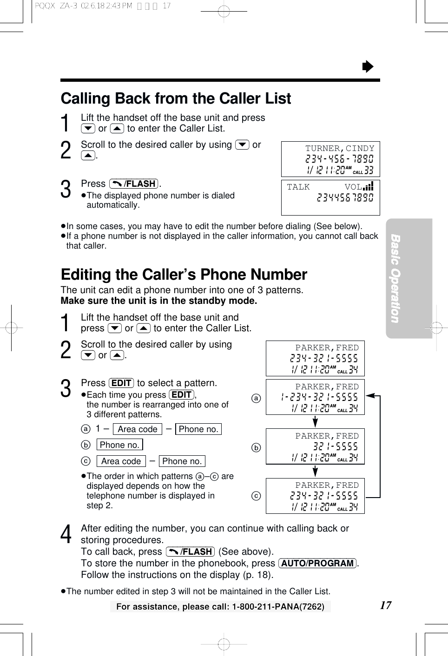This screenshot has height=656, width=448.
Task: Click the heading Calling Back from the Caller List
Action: point(176,98)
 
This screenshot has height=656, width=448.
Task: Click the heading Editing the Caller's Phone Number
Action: point(184,275)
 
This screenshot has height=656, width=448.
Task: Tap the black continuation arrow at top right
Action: point(368,67)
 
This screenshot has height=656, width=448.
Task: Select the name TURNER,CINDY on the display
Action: point(339,148)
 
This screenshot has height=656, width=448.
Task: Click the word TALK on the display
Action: point(298,187)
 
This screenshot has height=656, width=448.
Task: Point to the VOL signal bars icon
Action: point(369,186)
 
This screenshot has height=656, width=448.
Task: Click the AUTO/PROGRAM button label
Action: point(317,563)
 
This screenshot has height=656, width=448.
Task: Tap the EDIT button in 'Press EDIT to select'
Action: point(121,383)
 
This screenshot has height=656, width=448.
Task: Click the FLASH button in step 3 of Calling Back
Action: point(134,184)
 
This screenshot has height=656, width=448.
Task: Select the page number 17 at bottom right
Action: point(385,605)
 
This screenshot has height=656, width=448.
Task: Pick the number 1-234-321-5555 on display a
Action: point(319,397)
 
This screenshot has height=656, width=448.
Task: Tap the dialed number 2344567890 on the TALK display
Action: point(345,198)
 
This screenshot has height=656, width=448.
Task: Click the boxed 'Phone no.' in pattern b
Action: point(119,445)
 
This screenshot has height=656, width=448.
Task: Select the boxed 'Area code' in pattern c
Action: point(121,461)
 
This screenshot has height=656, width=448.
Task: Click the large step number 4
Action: point(66,534)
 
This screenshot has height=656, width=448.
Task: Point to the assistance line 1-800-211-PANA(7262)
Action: point(220,606)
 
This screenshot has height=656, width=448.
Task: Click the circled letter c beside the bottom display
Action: point(256,496)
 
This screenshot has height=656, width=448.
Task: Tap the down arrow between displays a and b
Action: point(315,422)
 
